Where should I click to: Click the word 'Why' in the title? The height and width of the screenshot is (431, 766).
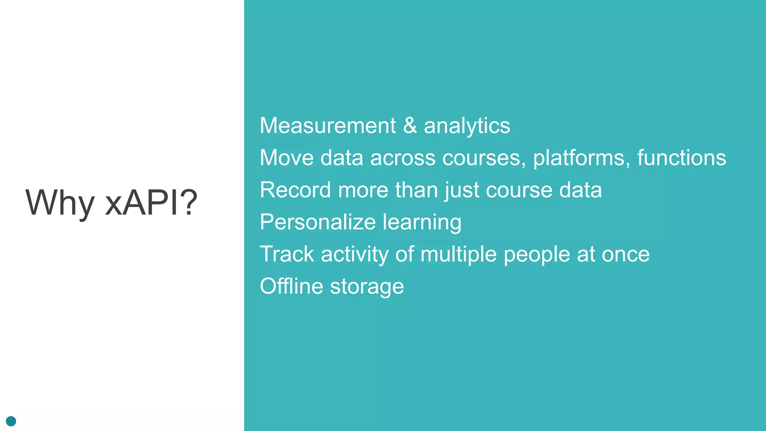60,203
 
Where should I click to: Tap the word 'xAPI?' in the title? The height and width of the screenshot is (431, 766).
151,203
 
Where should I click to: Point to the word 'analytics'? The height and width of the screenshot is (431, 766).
467,126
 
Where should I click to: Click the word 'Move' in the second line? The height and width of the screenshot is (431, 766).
287,158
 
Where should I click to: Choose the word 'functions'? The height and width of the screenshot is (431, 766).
681,158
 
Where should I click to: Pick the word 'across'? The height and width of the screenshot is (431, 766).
403,158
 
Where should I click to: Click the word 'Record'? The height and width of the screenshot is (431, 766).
295,190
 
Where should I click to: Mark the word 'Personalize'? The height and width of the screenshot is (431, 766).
318,222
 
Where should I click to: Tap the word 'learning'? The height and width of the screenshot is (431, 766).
422,223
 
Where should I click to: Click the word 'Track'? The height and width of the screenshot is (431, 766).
287,254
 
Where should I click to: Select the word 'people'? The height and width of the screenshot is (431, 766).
536,255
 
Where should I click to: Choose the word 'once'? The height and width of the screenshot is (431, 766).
625,255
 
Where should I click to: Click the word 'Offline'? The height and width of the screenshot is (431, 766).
291,286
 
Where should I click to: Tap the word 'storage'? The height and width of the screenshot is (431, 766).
367,287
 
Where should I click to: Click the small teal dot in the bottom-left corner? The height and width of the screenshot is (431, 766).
11,421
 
